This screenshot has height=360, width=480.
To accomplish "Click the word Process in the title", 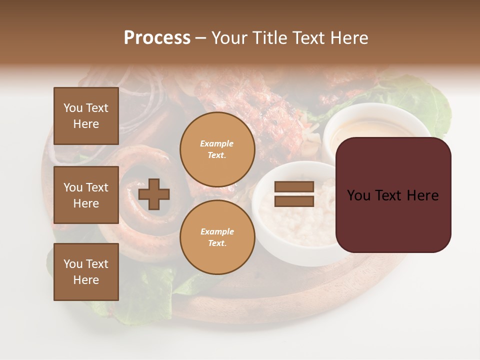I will tap(157, 38).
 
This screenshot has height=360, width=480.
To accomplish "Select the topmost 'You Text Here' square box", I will tap(86, 116).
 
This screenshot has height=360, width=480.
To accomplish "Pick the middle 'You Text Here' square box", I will tap(86, 195).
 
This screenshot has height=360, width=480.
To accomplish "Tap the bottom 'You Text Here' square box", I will tap(86, 271).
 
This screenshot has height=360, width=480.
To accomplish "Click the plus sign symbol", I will tap(154, 193).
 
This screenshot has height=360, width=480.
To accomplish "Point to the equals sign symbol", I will tap(294, 194).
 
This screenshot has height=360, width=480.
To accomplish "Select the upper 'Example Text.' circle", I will tap(217, 149).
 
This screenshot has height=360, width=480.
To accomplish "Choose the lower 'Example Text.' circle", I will tap(217, 237).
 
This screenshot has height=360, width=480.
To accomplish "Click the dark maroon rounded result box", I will tap(393, 195).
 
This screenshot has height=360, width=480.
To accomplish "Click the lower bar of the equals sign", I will tap(294, 201).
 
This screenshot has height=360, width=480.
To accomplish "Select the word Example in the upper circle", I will tap(217, 143).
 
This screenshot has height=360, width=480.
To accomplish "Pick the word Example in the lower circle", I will tap(217, 231).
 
